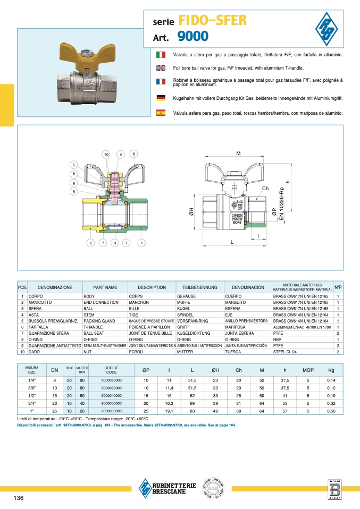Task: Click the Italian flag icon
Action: [x=160, y=55]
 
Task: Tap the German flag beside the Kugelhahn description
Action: [x=160, y=98]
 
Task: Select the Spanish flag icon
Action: [x=160, y=113]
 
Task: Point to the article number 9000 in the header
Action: [x=192, y=37]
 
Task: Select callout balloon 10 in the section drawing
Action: [x=106, y=154]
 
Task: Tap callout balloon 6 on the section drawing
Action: [x=134, y=154]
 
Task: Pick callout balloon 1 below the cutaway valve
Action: [x=141, y=243]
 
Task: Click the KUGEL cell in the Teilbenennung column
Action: [x=184, y=308]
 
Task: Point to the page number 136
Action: [x=18, y=497]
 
